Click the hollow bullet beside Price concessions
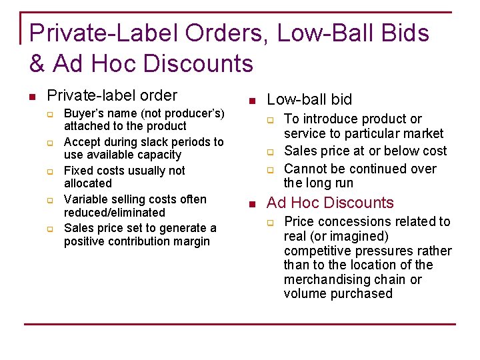tap(271, 221)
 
